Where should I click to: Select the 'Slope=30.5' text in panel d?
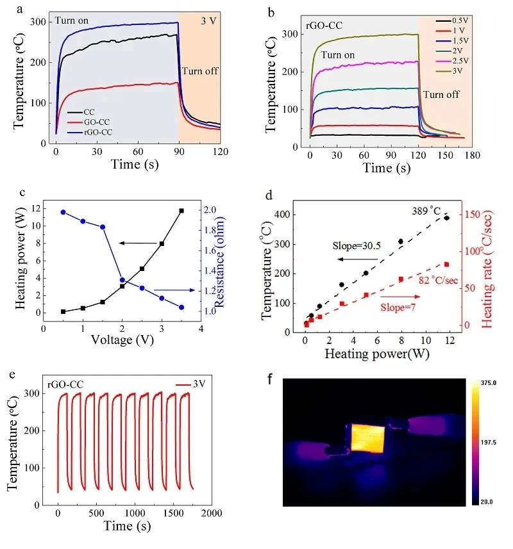pyautogui.click(x=354, y=245)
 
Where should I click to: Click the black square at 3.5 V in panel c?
pyautogui.click(x=181, y=210)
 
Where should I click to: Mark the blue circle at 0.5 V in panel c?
pyautogui.click(x=63, y=212)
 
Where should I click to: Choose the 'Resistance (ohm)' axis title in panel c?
pyautogui.click(x=237, y=259)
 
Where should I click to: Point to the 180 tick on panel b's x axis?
pyautogui.click(x=472, y=156)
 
